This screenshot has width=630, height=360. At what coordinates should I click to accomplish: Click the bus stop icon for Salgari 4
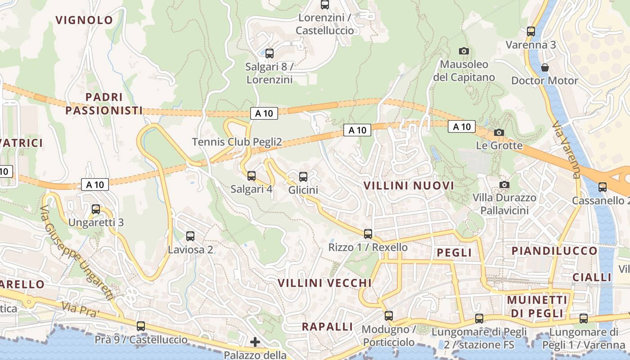tap(251, 175)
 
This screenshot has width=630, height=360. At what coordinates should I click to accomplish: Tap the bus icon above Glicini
tap(303, 176)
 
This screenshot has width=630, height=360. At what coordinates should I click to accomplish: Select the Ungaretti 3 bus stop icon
tap(96, 209)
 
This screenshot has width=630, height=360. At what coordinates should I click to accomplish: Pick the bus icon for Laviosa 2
tap(190, 236)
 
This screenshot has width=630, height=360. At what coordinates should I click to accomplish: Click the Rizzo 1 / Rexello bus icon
tap(368, 234)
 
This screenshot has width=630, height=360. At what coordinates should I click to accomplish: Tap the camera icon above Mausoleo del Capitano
tap(463, 51)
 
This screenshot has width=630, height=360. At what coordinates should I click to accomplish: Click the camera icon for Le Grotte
tap(499, 132)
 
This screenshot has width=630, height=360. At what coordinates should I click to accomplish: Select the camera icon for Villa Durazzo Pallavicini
tap(504, 184)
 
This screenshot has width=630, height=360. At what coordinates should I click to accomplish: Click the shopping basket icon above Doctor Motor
tap(545, 67)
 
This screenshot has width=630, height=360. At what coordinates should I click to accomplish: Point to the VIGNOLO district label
tap(84, 20)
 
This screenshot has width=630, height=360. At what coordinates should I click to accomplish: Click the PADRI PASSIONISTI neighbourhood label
tap(104, 103)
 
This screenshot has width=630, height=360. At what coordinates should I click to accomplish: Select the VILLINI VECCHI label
tap(324, 283)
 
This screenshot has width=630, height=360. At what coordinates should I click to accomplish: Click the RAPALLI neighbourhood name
tap(327, 327)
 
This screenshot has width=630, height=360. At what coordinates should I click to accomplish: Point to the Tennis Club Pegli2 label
tap(237, 142)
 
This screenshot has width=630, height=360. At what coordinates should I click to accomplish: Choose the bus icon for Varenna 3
tap(531, 31)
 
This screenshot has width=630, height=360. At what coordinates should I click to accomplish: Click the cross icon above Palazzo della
tap(255, 342)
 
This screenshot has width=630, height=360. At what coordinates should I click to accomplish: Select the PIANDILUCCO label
tap(554, 251)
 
